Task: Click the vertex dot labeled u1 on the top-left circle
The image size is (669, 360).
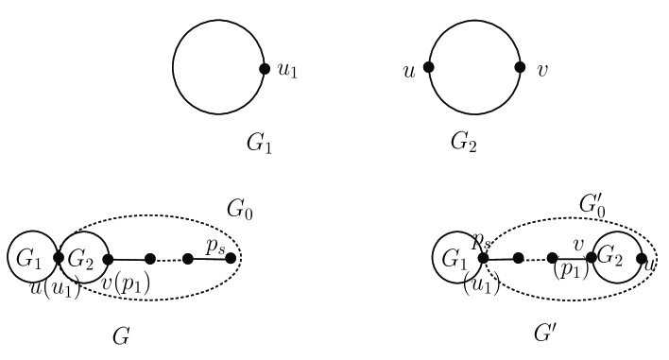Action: [x=265, y=68]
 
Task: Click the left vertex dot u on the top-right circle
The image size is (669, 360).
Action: [x=429, y=68]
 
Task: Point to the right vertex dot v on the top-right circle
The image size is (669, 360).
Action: [x=520, y=68]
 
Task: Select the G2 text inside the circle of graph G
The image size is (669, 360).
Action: [x=80, y=257]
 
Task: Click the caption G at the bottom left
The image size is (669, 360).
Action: [x=120, y=334]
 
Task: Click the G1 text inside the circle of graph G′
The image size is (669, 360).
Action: [x=454, y=257]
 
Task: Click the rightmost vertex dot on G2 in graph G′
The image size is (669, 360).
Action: [x=642, y=257]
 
